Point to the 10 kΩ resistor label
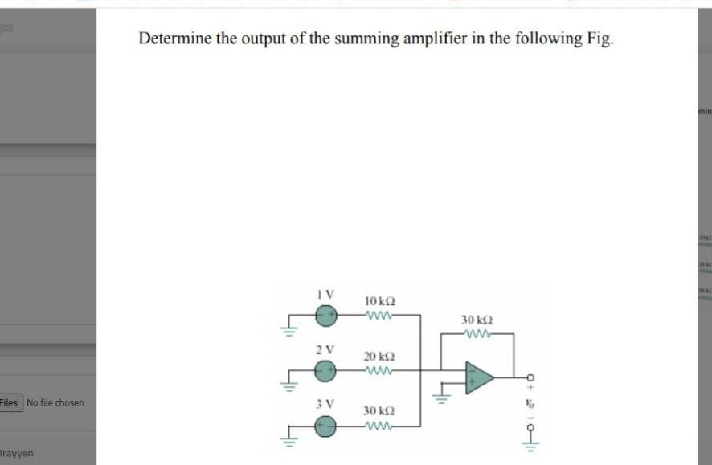click(380, 301)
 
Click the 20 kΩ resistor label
click(379, 356)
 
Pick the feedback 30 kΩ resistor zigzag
click(476, 334)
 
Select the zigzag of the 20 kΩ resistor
click(379, 371)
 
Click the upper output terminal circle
click(530, 378)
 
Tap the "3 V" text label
click(325, 403)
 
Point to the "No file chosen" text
click(55, 402)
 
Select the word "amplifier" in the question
click(424, 39)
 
